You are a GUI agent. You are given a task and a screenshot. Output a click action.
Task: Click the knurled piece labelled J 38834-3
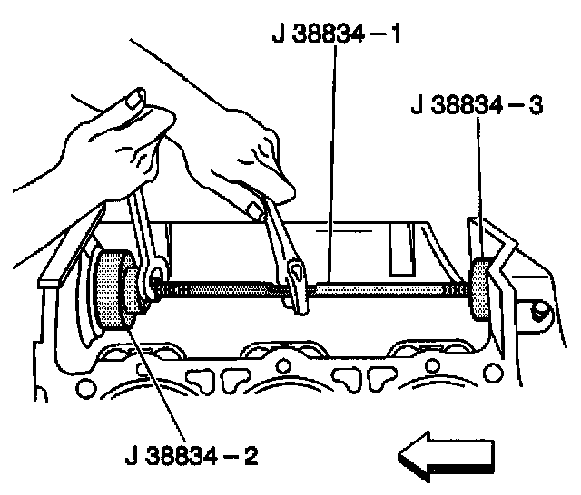point(478,290)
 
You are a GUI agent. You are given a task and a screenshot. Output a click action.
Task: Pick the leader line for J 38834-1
point(332,163)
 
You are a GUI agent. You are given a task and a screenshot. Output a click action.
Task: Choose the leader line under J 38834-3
point(478,190)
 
